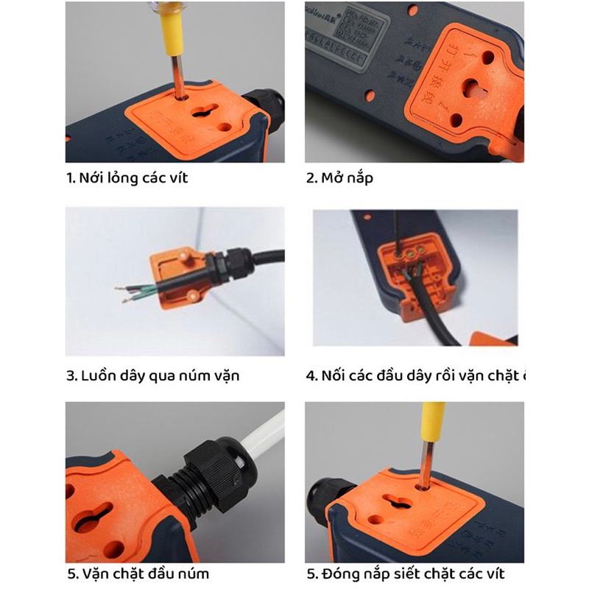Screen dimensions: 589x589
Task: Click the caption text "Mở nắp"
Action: point(347,178)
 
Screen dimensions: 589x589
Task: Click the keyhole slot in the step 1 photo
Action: point(197,111)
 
